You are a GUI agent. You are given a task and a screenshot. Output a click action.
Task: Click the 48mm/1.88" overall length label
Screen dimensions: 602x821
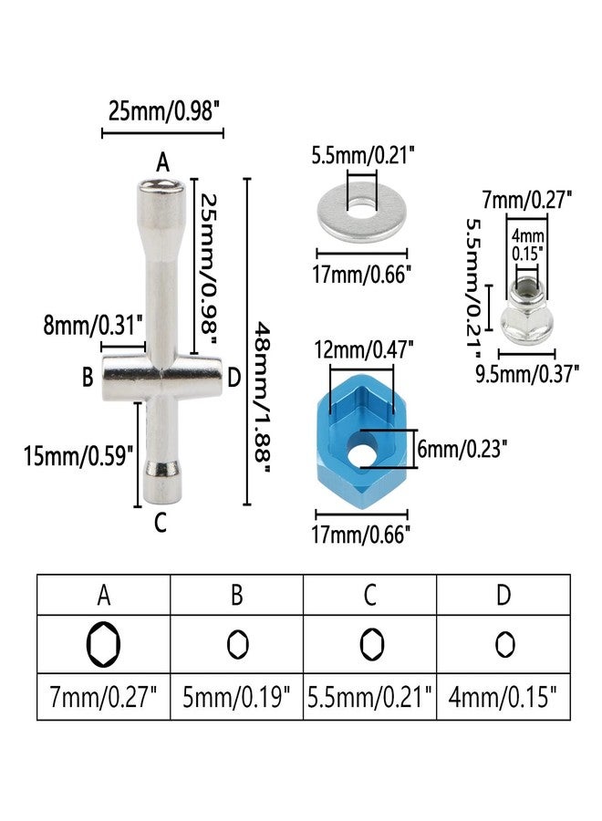tap(263, 398)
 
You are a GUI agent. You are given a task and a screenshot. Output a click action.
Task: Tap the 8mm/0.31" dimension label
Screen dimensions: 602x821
tap(93, 325)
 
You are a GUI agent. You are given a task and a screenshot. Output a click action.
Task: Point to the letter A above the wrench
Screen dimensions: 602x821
tap(162, 162)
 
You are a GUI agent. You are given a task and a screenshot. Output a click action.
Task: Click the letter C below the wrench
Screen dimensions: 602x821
tap(161, 522)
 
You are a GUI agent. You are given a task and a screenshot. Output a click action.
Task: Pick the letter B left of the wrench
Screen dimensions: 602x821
tap(88, 377)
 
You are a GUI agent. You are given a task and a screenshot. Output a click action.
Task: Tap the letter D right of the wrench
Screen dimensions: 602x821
tap(234, 377)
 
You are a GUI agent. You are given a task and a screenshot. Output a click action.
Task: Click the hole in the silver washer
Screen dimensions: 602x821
tap(361, 208)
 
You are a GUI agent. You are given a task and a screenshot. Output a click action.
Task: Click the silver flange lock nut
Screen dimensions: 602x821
tap(527, 309)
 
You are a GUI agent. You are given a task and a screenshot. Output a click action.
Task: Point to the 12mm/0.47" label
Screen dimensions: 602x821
tap(364, 349)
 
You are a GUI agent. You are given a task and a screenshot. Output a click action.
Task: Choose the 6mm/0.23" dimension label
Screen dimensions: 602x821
tap(462, 449)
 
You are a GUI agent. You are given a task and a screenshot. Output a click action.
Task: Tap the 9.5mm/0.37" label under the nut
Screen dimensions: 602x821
tap(527, 374)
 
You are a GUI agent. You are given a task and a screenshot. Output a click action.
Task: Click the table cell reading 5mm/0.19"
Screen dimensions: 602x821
tap(236, 698)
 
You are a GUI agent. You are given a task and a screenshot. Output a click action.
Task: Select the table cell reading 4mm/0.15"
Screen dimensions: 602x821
tap(503, 698)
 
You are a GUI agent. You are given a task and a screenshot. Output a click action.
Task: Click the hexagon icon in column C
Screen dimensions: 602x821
tap(371, 644)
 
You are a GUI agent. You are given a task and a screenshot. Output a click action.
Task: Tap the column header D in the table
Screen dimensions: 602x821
tap(503, 595)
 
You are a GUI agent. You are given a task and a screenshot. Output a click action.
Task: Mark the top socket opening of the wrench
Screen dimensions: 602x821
tap(161, 185)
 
